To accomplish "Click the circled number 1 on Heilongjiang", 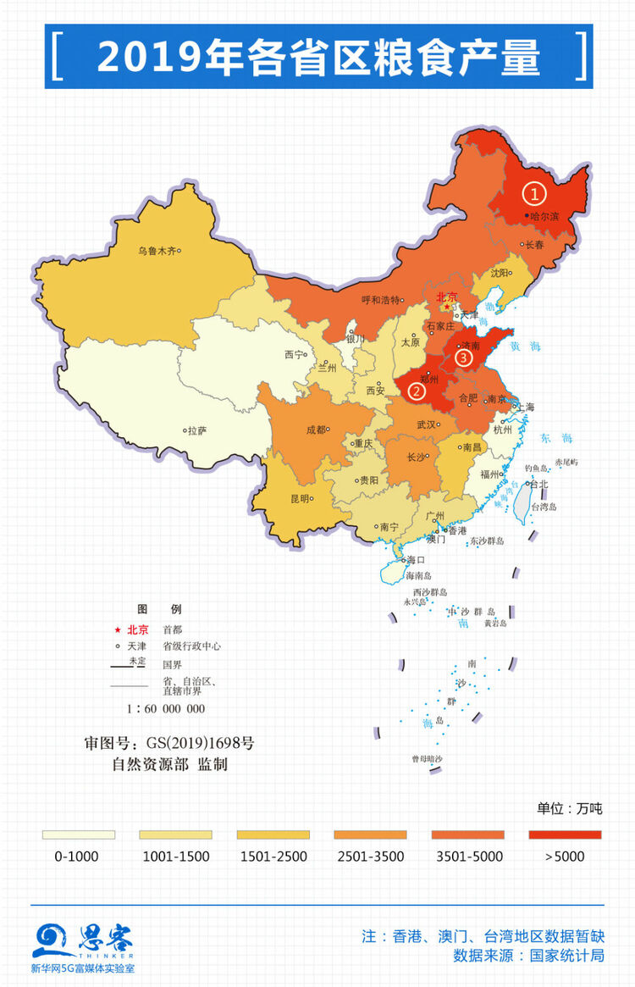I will pyautogui.click(x=533, y=194).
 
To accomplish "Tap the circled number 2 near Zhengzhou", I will pyautogui.click(x=417, y=391).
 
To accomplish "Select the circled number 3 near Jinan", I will pyautogui.click(x=462, y=358).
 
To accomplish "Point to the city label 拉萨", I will pyautogui.click(x=196, y=430).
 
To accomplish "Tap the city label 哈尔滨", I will pyautogui.click(x=544, y=217).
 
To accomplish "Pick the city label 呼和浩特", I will pyautogui.click(x=379, y=299).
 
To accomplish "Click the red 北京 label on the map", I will pyautogui.click(x=446, y=297).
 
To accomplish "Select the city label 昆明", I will pyautogui.click(x=299, y=498).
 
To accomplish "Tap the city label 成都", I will pyautogui.click(x=316, y=430).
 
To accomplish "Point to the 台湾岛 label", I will pyautogui.click(x=543, y=507).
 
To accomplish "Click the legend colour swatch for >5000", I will pyautogui.click(x=565, y=835).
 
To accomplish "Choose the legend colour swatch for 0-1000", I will pyautogui.click(x=78, y=835).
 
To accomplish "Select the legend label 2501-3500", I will pyautogui.click(x=370, y=857).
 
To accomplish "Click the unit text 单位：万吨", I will pyautogui.click(x=569, y=808).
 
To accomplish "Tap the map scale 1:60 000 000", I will pyautogui.click(x=166, y=708).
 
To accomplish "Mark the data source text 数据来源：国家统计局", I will pyautogui.click(x=528, y=956).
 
